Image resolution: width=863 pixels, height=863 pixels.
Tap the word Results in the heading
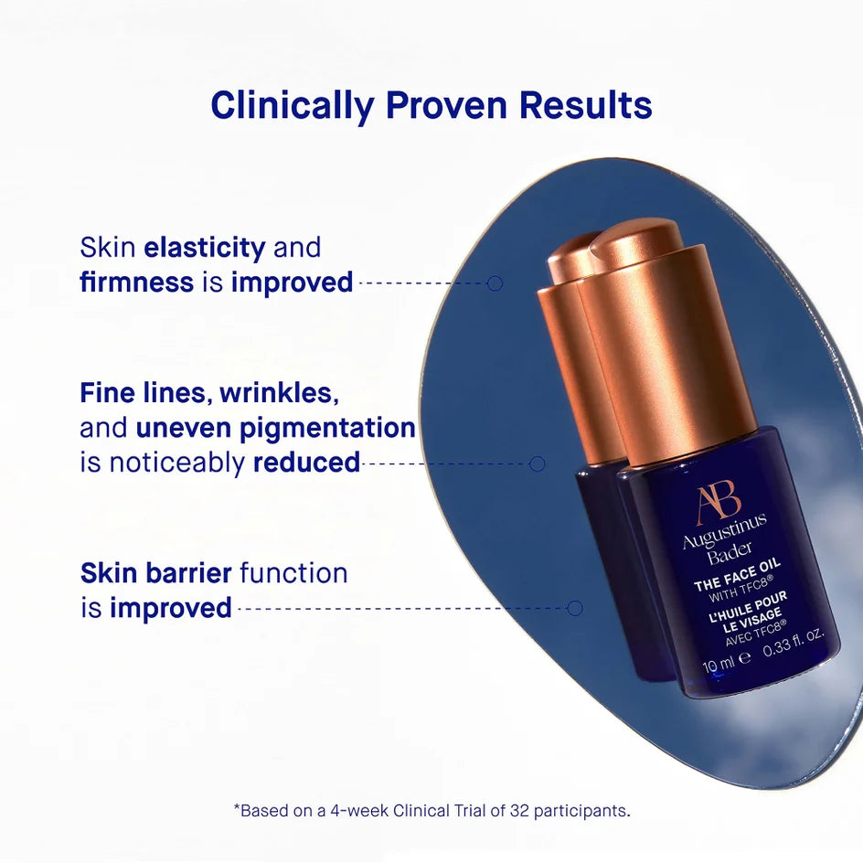(x=586, y=106)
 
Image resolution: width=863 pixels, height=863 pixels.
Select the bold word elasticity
(x=205, y=248)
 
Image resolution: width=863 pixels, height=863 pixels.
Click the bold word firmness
(x=137, y=282)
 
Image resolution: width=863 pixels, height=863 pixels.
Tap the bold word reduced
(x=306, y=463)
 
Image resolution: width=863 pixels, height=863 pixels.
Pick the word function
(x=293, y=573)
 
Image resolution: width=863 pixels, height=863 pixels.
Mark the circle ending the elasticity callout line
(x=495, y=283)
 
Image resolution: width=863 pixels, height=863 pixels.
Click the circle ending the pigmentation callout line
(x=538, y=463)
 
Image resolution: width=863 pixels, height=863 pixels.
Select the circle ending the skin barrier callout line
(x=575, y=608)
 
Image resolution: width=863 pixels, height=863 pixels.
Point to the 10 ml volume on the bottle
(x=719, y=661)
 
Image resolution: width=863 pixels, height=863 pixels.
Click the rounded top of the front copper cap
(x=637, y=240)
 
